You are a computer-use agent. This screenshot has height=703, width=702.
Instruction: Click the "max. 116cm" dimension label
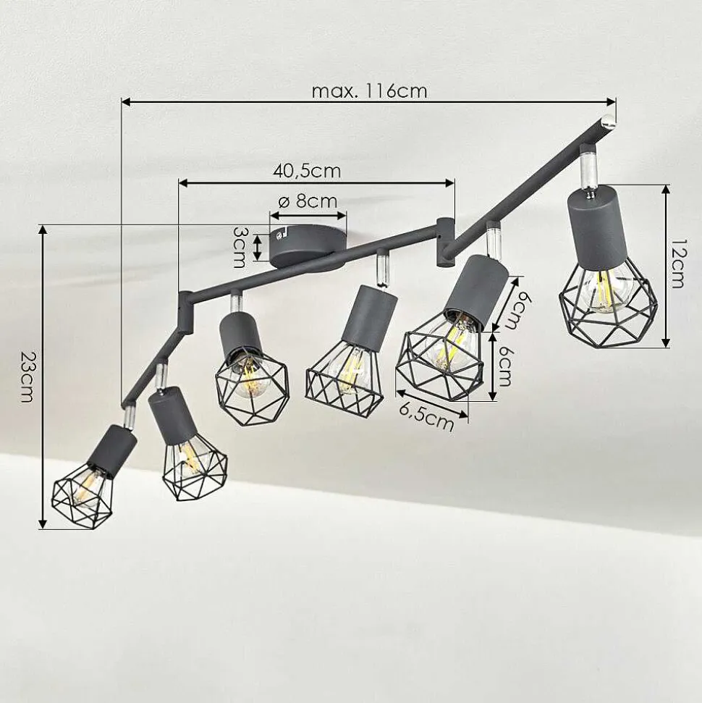coord(369,91)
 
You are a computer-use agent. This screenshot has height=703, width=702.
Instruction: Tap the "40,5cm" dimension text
coord(307,171)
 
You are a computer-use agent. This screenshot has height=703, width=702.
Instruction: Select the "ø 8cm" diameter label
coord(308,201)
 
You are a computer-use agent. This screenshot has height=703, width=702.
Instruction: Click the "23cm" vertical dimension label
coord(28,376)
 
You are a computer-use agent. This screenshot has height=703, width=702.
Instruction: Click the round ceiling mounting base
coord(308,246)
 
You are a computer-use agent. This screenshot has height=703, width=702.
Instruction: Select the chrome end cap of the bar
coord(609,121)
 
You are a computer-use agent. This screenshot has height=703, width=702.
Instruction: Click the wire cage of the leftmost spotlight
coord(82,497)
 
